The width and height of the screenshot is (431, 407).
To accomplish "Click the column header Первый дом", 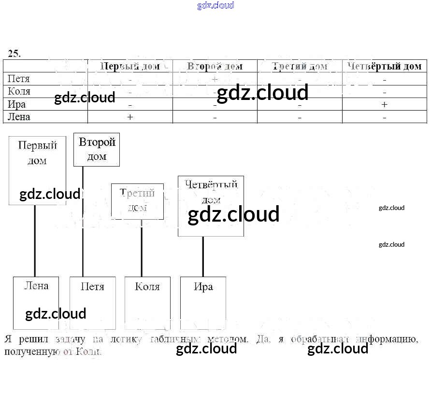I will (x=129, y=66).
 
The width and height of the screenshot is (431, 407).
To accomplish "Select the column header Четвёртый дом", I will (x=384, y=66).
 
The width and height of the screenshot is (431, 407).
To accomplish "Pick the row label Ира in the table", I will (x=16, y=104).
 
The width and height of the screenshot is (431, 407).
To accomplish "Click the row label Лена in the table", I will (x=19, y=117).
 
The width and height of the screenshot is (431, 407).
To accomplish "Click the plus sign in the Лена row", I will (x=129, y=117).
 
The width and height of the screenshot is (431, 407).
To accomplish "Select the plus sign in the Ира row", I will (x=384, y=104).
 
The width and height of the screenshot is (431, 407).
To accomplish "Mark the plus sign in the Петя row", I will (x=215, y=79).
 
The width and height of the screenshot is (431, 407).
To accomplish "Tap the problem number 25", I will (x=14, y=54).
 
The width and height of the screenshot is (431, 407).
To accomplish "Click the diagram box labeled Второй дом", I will (x=97, y=150).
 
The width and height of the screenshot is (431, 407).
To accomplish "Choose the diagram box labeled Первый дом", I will (x=37, y=170).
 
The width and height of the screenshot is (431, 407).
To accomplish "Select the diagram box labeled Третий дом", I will (x=137, y=201).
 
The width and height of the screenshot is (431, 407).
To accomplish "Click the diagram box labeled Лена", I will (x=36, y=303).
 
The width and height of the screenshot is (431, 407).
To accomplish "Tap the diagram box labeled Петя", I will (x=93, y=303).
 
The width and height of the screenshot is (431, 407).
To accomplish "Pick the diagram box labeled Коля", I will (x=147, y=303).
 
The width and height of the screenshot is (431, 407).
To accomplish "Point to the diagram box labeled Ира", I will (x=203, y=303).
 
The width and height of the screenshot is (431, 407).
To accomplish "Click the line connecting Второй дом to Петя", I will (x=83, y=222).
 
